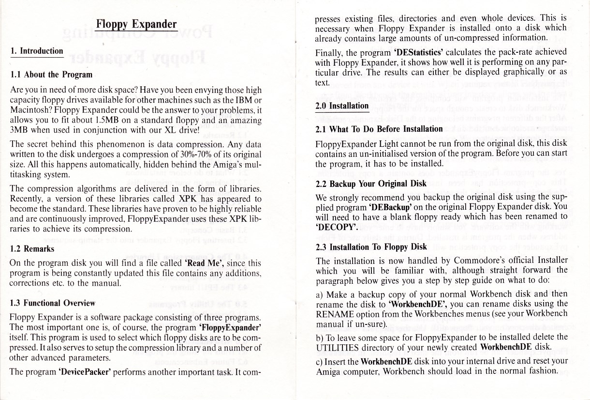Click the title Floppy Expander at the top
coord(136,24)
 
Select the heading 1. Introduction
coord(37,51)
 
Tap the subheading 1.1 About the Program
coord(51,75)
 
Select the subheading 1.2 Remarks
coord(32,249)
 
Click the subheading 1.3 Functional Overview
coord(53,303)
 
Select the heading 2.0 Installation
coord(341,106)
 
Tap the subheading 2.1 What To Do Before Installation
coord(379,129)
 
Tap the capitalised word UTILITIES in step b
coord(338,347)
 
